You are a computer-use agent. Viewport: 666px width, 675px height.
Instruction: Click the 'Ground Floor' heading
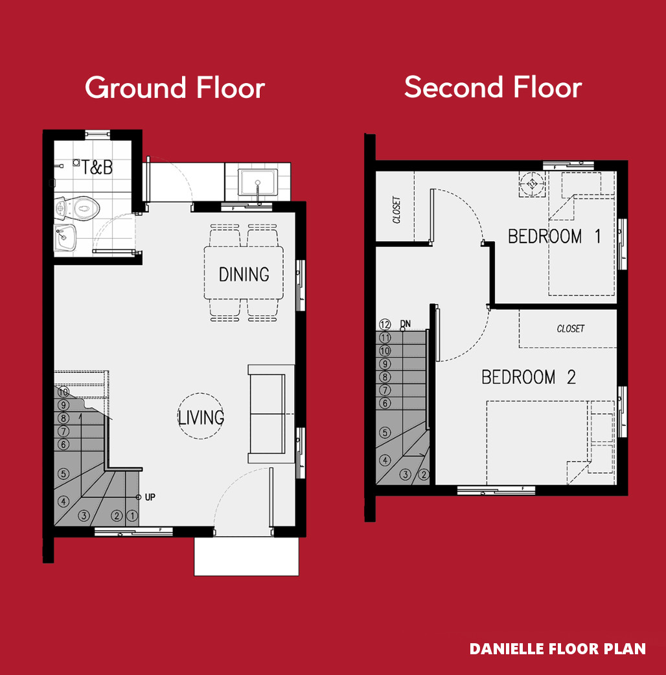click(x=175, y=88)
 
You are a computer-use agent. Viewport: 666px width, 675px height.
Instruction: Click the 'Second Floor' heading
click(x=493, y=88)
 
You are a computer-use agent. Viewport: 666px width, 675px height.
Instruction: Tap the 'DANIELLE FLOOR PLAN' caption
click(x=558, y=649)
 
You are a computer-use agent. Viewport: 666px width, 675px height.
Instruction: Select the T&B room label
click(x=97, y=167)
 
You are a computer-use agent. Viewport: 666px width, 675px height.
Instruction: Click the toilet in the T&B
click(x=78, y=208)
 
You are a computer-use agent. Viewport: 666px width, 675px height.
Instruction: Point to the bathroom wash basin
click(x=65, y=237)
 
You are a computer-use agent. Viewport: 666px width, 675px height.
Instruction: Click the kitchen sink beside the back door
click(x=258, y=182)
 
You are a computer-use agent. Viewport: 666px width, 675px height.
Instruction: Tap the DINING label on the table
click(x=244, y=274)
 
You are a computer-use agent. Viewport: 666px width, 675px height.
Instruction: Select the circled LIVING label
click(x=201, y=417)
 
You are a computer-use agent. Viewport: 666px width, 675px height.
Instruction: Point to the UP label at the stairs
click(x=150, y=497)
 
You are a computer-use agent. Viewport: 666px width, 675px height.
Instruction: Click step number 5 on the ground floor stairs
click(x=63, y=474)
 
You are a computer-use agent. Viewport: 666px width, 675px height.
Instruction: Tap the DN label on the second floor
click(x=406, y=324)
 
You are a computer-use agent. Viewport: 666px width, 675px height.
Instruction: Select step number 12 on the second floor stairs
click(x=385, y=325)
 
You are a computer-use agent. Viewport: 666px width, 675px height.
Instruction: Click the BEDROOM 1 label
click(x=554, y=236)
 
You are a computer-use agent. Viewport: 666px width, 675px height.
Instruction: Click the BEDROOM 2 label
click(x=528, y=377)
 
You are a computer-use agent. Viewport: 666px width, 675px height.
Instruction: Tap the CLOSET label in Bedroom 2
click(x=571, y=329)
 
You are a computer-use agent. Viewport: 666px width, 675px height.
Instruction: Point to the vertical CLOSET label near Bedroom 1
click(x=396, y=210)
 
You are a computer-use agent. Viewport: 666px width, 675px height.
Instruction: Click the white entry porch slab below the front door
click(x=247, y=556)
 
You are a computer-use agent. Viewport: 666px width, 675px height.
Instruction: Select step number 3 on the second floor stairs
click(x=405, y=475)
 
